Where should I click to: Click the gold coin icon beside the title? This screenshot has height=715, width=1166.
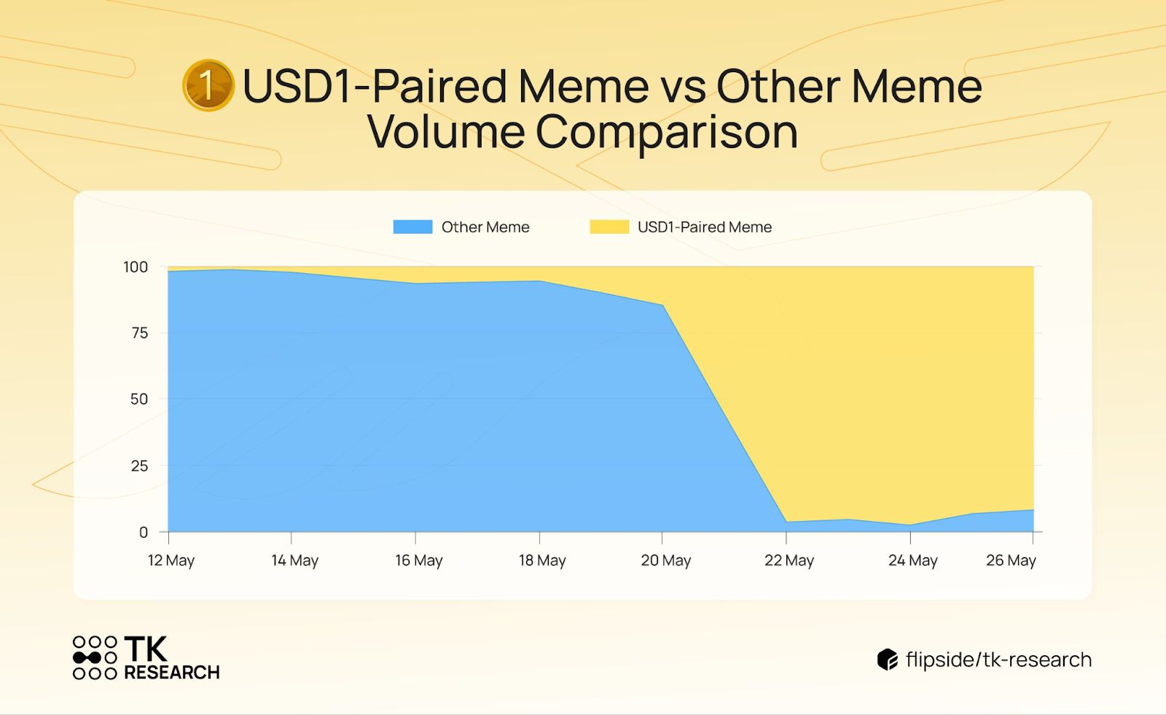click(x=208, y=85)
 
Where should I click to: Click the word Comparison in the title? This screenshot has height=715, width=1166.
click(x=666, y=132)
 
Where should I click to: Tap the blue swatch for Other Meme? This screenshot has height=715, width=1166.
click(x=412, y=227)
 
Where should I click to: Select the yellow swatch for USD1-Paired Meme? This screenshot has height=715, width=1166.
click(x=609, y=227)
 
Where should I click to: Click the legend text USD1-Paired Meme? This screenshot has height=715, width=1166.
click(x=704, y=227)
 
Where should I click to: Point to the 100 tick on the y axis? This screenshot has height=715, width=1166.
click(x=136, y=267)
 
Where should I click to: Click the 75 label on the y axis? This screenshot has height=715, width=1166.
click(x=139, y=333)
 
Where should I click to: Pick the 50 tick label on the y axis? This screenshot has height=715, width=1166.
click(x=139, y=399)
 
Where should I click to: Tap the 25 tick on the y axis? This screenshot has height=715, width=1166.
click(x=139, y=466)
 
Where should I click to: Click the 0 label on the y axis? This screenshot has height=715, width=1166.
click(x=143, y=532)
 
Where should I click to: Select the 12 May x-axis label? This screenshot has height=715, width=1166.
click(x=171, y=560)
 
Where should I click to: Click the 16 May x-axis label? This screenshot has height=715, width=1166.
click(x=418, y=560)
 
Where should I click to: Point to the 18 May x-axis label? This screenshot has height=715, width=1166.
click(x=542, y=560)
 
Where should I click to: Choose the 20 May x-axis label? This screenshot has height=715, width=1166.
click(x=666, y=560)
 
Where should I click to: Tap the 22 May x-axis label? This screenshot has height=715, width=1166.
click(x=789, y=560)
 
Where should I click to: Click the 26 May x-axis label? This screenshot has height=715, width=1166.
click(x=1011, y=560)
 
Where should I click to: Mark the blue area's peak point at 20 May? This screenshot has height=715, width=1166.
click(x=662, y=305)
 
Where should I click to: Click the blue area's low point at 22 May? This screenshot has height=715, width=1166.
click(x=786, y=521)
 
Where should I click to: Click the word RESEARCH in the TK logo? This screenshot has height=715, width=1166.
click(x=172, y=672)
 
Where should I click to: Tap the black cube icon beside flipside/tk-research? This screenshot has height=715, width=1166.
click(x=888, y=660)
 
